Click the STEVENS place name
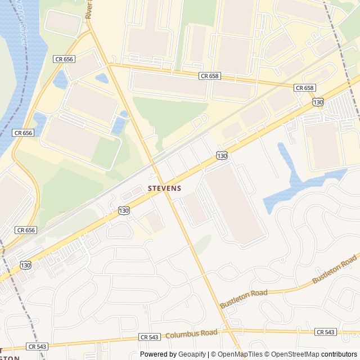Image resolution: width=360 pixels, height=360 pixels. [164, 188]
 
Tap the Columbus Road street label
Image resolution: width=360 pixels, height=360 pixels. [191, 334]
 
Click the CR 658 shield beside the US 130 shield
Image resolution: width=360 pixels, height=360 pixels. [304, 88]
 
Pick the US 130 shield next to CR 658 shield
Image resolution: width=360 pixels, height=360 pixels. [318, 102]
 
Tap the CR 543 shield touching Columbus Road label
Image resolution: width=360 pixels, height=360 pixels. [150, 337]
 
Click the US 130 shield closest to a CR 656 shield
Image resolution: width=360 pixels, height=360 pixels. [25, 264]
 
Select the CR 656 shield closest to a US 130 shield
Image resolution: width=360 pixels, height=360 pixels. [26, 230]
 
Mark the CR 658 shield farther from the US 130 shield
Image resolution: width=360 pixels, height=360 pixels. [209, 75]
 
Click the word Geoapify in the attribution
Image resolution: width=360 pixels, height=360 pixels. [192, 354]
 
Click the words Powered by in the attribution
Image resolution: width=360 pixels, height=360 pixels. [158, 354]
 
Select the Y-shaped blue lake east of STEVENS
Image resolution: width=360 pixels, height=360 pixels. [298, 180]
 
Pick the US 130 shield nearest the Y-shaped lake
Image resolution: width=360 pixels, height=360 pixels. [222, 155]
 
